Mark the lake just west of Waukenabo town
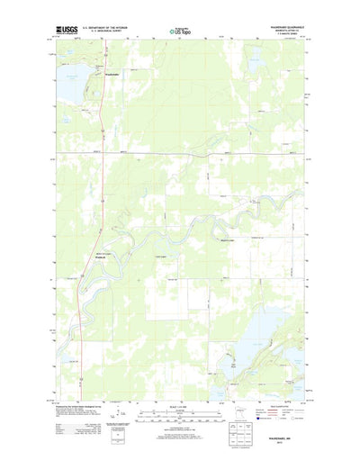coord(74,72)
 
